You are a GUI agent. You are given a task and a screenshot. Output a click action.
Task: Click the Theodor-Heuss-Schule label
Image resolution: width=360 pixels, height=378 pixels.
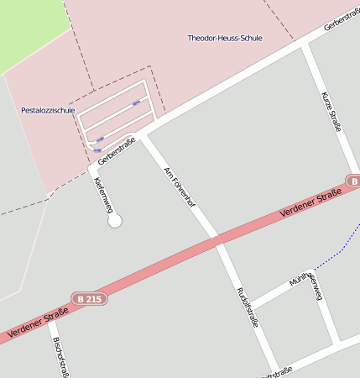[224, 39]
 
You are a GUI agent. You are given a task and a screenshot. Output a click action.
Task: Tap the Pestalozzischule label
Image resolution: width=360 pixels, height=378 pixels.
[48, 110]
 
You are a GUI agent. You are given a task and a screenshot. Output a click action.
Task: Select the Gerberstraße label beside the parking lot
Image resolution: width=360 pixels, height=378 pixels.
[116, 150]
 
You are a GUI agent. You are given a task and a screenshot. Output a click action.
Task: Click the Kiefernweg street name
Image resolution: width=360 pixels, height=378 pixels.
[103, 194]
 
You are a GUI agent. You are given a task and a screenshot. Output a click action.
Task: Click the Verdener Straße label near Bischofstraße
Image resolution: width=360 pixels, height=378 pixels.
[38, 323]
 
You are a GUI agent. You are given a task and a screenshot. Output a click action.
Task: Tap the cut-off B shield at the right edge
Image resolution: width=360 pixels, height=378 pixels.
[353, 181]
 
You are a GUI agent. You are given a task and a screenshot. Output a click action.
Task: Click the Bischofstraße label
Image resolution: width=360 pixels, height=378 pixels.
[60, 358]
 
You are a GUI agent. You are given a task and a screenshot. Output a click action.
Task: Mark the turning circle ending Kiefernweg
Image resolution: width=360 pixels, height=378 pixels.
[115, 221]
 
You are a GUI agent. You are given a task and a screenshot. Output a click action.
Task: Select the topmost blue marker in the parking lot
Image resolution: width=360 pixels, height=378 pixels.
[136, 102]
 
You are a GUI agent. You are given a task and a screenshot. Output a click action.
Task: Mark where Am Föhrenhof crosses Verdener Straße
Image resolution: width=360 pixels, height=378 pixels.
[216, 242]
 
